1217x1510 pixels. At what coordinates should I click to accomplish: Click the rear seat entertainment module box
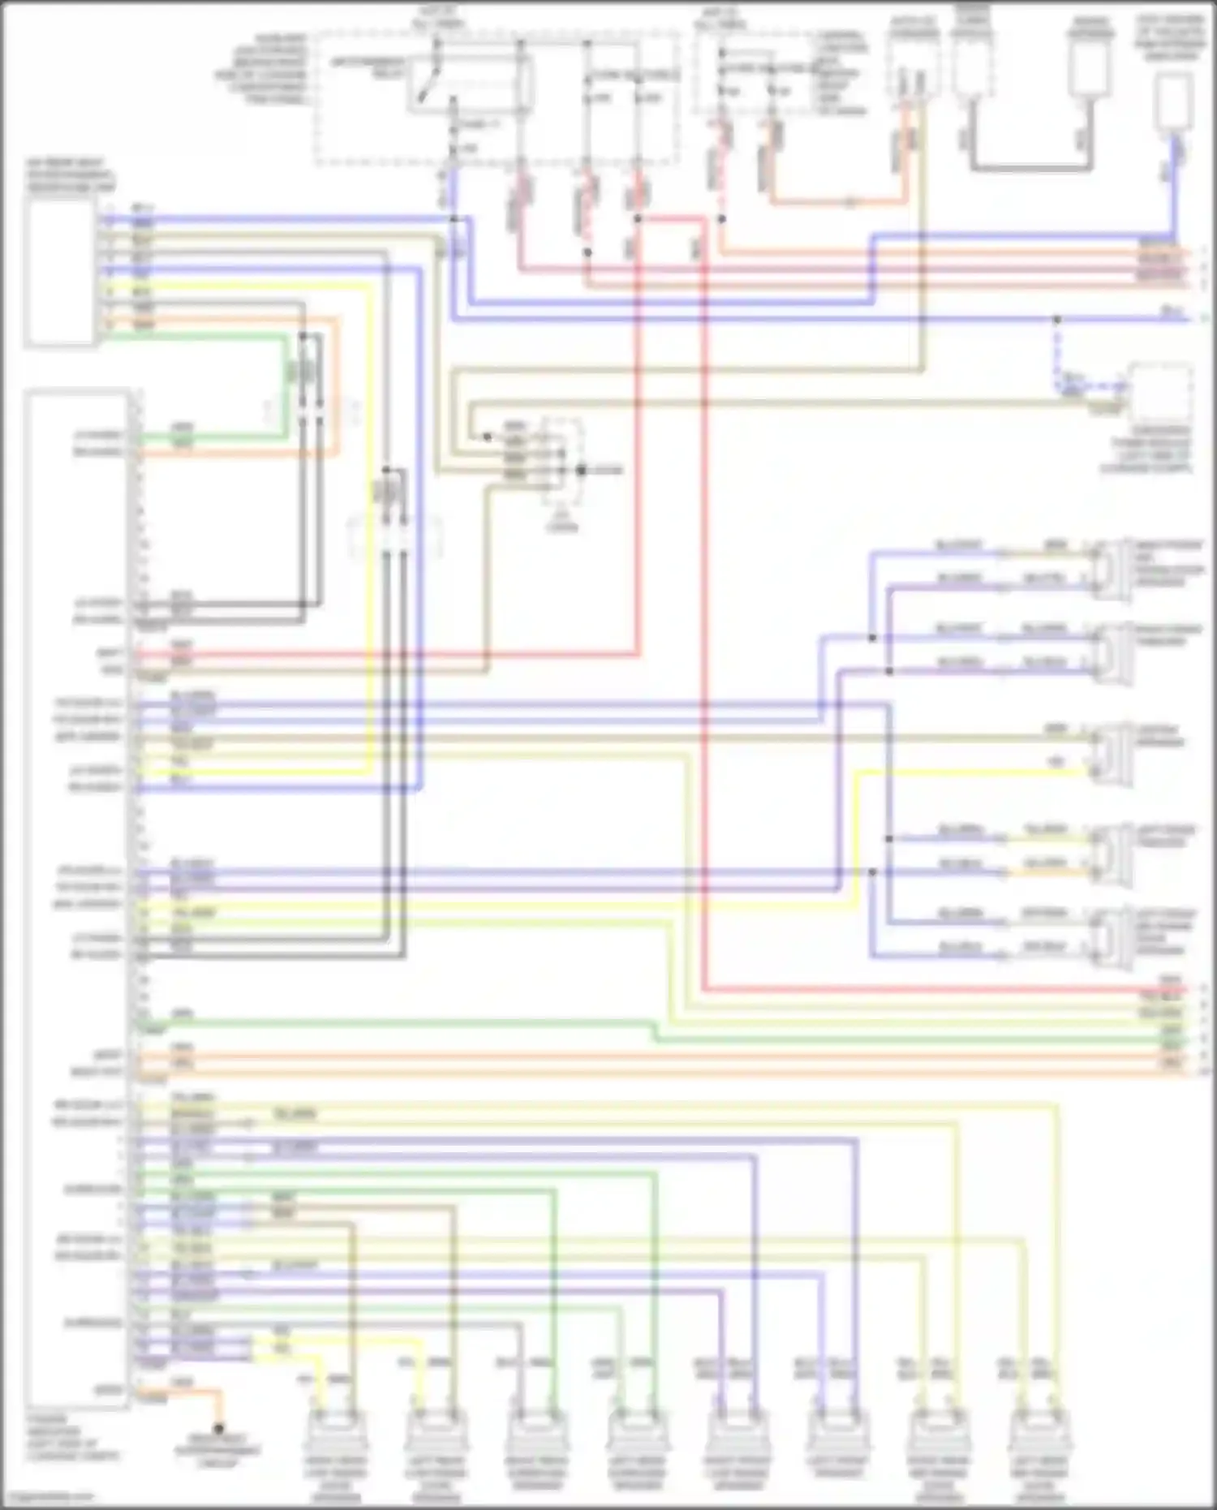point(61,272)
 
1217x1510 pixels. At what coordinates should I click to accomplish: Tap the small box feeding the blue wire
point(1173,102)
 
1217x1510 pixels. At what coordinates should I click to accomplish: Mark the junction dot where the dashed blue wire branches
point(1056,320)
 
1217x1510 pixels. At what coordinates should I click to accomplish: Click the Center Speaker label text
point(1159,736)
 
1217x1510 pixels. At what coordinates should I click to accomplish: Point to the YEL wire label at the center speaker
point(1056,763)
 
